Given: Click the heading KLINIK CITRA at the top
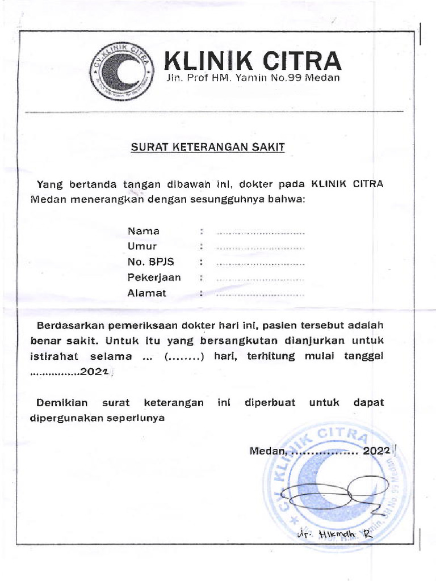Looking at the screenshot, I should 253,61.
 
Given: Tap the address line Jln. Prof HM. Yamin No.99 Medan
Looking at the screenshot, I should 253,78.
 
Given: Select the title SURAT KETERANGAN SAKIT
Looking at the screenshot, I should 208,148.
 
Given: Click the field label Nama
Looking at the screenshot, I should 144,231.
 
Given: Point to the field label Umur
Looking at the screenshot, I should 142,246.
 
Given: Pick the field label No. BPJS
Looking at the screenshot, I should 150,262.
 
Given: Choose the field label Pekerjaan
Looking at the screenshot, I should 154,277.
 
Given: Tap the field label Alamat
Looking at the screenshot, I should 147,293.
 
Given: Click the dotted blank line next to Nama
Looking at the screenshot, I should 261,232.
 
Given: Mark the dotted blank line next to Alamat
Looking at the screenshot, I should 261,294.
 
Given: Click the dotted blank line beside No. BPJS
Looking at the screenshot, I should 261,263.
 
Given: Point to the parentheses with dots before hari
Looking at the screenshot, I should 184,357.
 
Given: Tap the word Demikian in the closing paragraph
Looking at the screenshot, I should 62,402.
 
